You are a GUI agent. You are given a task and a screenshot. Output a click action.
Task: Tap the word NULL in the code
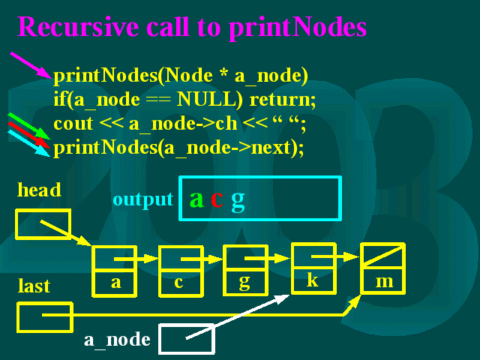[x=209, y=100]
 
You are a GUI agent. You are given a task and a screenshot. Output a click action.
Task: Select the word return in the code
[x=282, y=100]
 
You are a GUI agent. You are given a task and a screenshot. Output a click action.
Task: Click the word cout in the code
[x=73, y=124]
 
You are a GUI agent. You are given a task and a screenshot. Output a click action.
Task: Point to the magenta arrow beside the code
[x=31, y=65]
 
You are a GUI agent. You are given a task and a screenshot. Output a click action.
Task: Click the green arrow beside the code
[x=28, y=126]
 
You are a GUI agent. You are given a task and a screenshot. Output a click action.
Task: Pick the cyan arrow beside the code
[x=28, y=143]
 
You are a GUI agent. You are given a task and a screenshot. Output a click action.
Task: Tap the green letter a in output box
[x=196, y=199]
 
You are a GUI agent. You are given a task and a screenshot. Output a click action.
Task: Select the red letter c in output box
[x=217, y=199]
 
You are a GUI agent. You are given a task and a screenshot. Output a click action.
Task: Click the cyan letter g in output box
[x=238, y=202]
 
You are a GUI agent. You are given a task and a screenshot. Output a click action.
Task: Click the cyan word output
[x=143, y=200]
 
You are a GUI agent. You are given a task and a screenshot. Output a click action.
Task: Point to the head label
[x=39, y=190]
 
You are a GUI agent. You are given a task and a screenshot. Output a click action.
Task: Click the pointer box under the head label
[x=43, y=223]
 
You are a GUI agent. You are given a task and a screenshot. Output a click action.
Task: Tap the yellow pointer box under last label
[x=45, y=317]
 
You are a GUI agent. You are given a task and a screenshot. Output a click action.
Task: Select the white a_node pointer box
[x=187, y=338]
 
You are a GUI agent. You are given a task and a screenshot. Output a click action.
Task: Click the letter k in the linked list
[x=313, y=280]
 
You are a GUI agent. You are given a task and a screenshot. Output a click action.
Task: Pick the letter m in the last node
[x=384, y=282]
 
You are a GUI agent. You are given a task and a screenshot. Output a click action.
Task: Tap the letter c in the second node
[x=178, y=282]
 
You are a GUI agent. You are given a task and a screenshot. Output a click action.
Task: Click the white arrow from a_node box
[x=238, y=316]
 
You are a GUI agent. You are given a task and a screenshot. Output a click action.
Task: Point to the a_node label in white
[x=117, y=340]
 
